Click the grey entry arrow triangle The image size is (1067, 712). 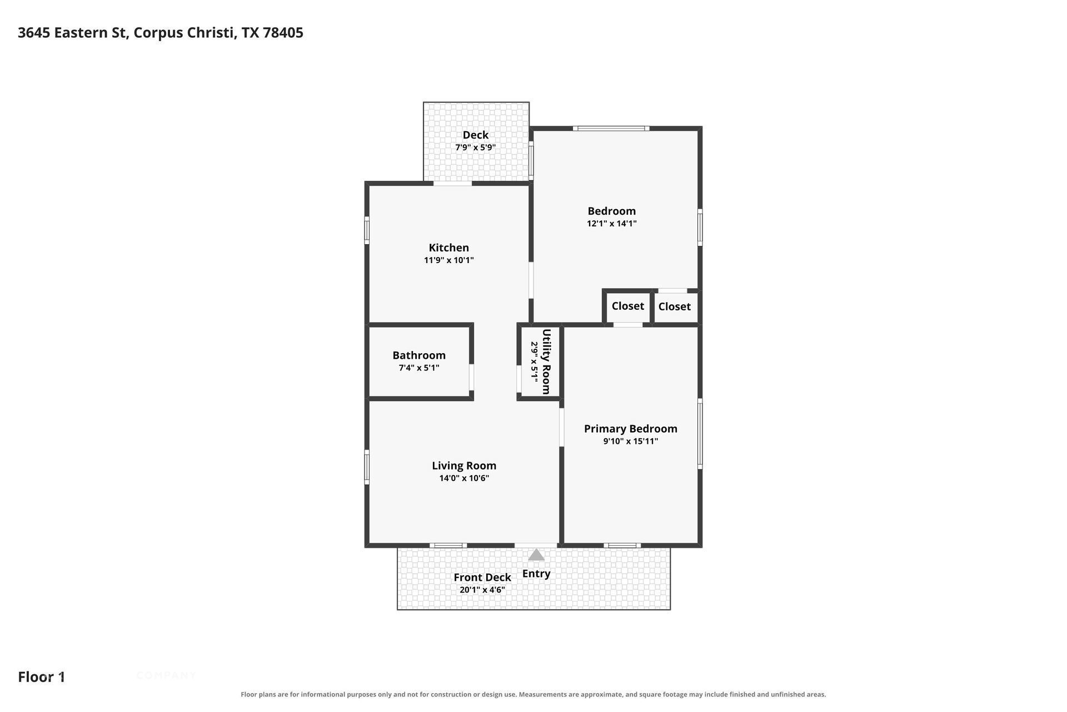click(x=536, y=555)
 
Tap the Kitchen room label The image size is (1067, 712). click(x=448, y=248)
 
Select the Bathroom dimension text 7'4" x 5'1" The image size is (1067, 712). click(x=419, y=368)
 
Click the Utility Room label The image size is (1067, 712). click(x=546, y=362)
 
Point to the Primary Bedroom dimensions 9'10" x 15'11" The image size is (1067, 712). click(x=631, y=441)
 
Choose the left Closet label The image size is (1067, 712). click(x=628, y=306)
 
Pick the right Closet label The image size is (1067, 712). click(x=675, y=306)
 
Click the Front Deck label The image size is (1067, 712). click(x=482, y=577)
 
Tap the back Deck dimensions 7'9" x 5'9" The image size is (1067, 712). click(x=476, y=147)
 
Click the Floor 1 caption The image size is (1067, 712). click(x=42, y=677)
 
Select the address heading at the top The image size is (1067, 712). click(x=161, y=33)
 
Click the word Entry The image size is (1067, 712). click(x=536, y=573)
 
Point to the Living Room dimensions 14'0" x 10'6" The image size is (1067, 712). click(x=464, y=478)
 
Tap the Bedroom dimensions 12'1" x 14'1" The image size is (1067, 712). click(x=612, y=224)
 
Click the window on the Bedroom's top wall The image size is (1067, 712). click(x=611, y=128)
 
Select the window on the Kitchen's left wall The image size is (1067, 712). click(x=367, y=230)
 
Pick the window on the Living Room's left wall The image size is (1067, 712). click(x=367, y=467)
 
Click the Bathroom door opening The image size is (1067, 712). click(x=471, y=377)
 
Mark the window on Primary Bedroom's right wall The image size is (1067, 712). click(x=700, y=434)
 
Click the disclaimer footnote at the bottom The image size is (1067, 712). click(x=533, y=694)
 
